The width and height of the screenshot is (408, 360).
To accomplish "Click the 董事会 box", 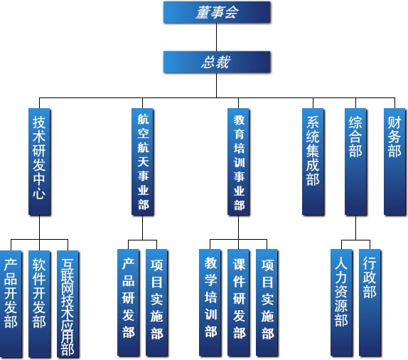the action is [x=217, y=12].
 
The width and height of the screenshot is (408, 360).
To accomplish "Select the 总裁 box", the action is [x=217, y=62].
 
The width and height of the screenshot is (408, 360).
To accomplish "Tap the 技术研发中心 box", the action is [x=39, y=162].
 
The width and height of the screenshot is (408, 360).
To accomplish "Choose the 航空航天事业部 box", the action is [x=143, y=162].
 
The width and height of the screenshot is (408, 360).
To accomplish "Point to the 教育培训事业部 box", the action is [x=239, y=162].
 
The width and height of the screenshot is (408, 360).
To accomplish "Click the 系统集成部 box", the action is [x=313, y=162].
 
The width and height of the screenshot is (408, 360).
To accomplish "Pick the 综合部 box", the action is [x=355, y=162].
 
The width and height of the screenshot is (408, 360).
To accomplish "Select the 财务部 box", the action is [x=394, y=162].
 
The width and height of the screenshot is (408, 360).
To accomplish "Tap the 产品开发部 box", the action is [x=11, y=304].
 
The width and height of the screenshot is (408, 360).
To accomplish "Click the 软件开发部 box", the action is [x=39, y=304].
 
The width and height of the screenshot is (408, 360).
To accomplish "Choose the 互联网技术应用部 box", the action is [x=68, y=304].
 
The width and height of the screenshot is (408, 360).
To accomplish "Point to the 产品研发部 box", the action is [x=128, y=302].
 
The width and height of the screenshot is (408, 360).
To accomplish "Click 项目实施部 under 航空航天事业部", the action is [x=156, y=302].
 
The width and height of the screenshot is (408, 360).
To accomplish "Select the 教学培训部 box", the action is [x=210, y=302].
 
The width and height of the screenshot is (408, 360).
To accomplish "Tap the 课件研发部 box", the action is [x=239, y=302].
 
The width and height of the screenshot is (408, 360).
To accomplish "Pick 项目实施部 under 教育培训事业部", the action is [x=267, y=302].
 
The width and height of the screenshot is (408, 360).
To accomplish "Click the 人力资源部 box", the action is [x=342, y=302].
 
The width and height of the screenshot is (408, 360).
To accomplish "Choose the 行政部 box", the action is [x=370, y=302].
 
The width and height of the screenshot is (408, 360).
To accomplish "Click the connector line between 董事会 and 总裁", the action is [x=217, y=37].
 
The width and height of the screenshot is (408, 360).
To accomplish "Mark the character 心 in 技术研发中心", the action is [x=39, y=194].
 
